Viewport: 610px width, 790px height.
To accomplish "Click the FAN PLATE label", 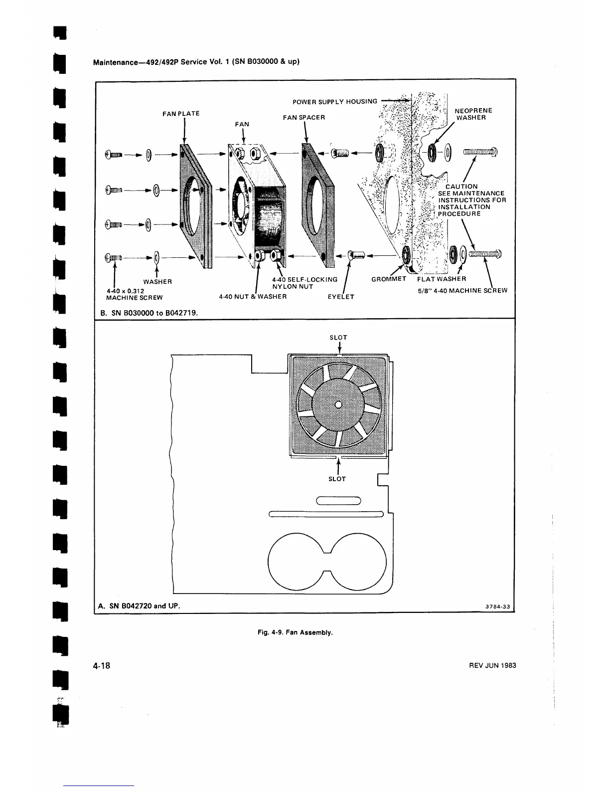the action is coord(181,114).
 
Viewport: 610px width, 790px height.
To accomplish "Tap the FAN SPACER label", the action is coord(304,117).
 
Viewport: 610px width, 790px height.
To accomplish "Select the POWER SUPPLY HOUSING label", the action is coord(334,102).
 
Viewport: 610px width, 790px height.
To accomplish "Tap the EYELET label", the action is coord(341,297).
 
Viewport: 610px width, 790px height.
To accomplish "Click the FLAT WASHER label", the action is coord(442,279).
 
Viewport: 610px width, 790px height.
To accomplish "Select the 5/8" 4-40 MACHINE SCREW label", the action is coord(462,290).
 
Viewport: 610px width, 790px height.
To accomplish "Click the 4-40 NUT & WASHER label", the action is coord(253,297).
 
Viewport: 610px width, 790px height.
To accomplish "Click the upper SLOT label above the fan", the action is coord(338,338).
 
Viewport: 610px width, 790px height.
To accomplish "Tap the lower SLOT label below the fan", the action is coord(337,479).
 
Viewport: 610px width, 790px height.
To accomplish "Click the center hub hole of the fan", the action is coord(338,404).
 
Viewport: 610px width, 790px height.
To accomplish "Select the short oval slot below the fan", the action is coord(338,501).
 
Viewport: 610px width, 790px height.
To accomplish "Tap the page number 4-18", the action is coord(101,666).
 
